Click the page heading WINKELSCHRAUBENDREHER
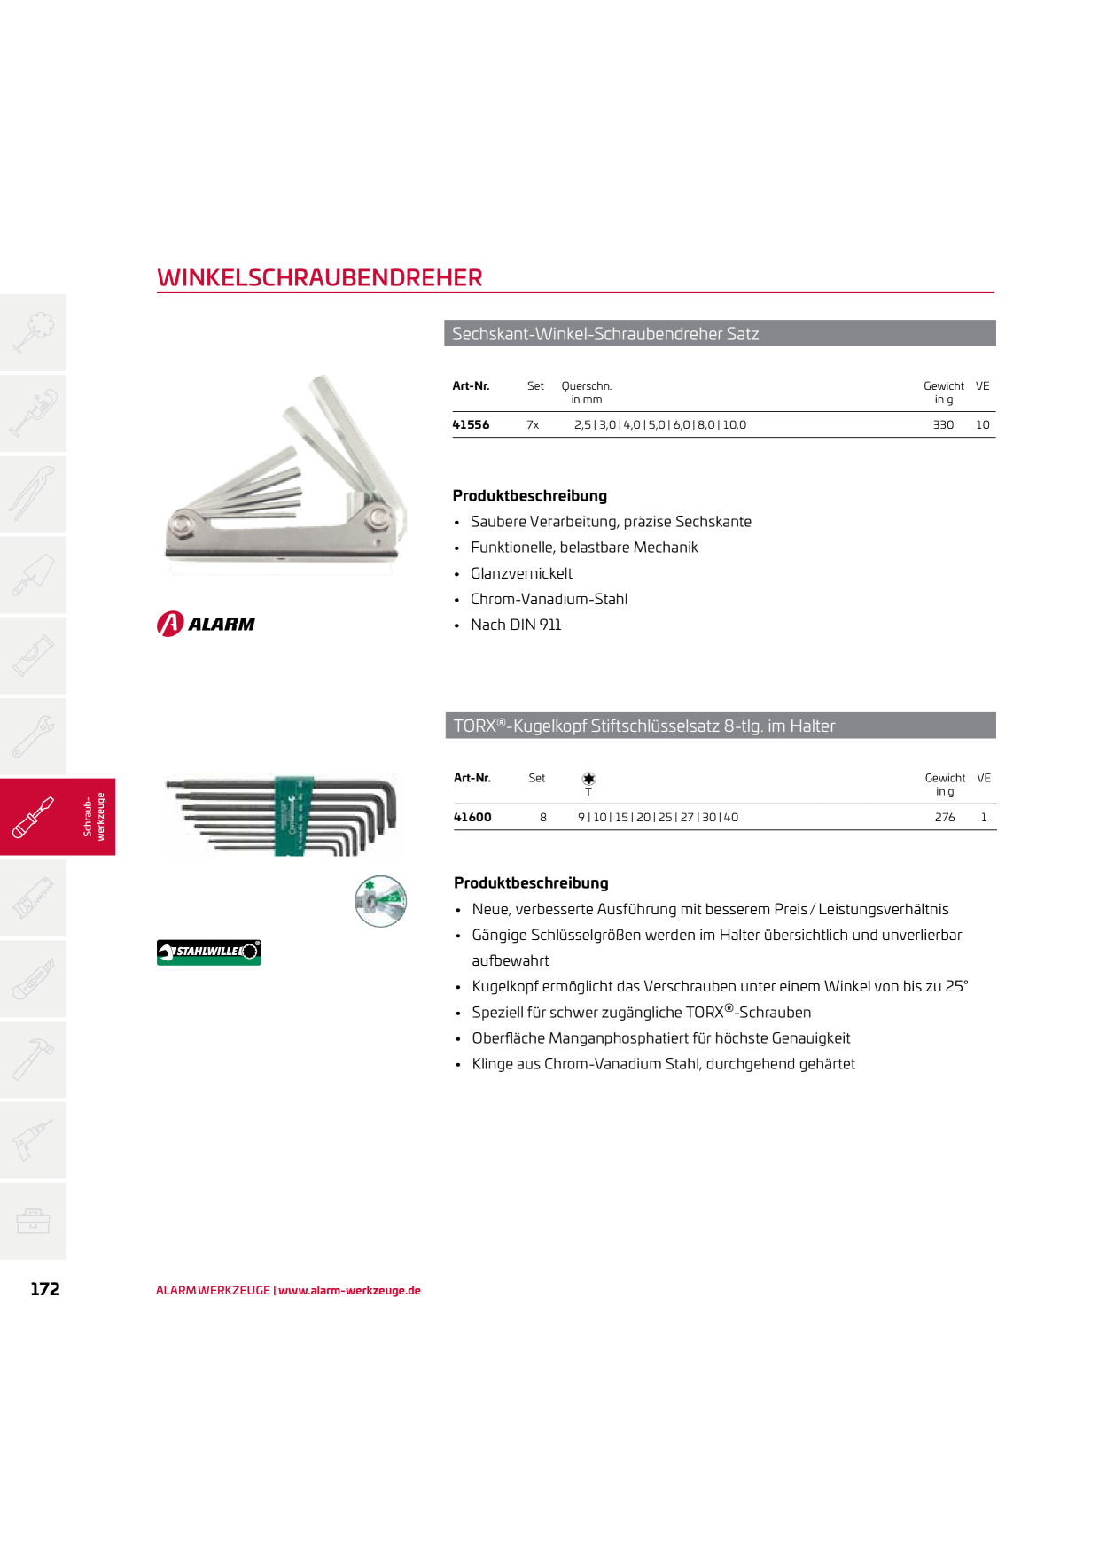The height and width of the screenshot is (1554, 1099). [319, 277]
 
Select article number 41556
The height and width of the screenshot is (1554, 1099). [471, 425]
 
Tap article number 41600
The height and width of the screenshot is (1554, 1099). [472, 818]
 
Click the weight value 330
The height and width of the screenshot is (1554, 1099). [943, 425]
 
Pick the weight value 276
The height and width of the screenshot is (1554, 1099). [945, 818]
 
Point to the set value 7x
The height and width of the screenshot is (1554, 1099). [533, 425]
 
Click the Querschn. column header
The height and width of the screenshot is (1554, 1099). [587, 386]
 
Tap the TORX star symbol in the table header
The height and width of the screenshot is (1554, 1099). [588, 779]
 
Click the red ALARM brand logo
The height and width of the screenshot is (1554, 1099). [206, 624]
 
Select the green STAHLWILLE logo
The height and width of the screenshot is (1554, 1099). [209, 952]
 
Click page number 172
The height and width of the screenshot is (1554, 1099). [45, 1289]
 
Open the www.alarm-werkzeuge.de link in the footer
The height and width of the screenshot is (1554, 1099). [349, 1291]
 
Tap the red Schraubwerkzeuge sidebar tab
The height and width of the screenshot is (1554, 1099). [58, 817]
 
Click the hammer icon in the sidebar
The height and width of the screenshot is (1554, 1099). [33, 1060]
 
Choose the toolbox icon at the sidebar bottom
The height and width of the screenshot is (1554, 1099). [33, 1221]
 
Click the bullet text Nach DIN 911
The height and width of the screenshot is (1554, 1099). [516, 625]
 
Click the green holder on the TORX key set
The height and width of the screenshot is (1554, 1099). [289, 816]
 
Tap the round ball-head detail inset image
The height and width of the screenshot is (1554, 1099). [381, 901]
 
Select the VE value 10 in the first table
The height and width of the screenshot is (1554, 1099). [983, 425]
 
